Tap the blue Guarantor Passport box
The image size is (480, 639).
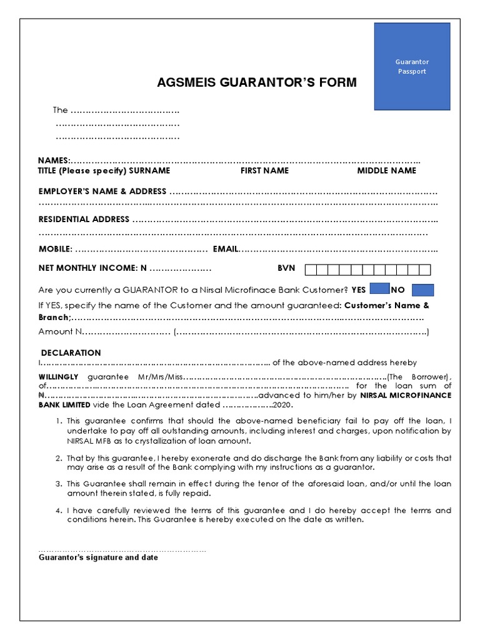click(x=412, y=66)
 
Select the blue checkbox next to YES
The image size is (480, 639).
click(x=379, y=290)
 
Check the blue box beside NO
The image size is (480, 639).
click(x=423, y=290)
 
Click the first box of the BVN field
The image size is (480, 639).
click(x=311, y=270)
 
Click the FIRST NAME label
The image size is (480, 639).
click(x=264, y=170)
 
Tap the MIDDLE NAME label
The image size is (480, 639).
click(x=386, y=170)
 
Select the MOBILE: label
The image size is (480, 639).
click(x=56, y=250)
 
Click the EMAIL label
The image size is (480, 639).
click(x=226, y=250)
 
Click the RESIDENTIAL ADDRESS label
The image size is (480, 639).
click(x=84, y=220)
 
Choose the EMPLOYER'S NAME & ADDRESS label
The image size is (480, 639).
click(x=102, y=192)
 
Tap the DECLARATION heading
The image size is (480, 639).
click(x=71, y=353)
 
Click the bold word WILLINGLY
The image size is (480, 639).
click(x=59, y=377)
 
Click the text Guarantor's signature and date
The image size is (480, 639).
click(x=98, y=557)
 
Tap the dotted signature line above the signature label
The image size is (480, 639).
click(x=122, y=550)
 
